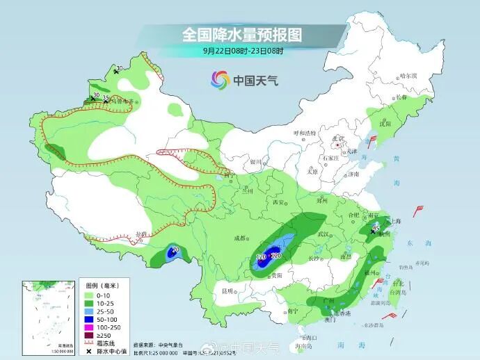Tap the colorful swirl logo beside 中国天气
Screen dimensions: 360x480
point(221,80)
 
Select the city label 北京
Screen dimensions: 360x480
point(339,138)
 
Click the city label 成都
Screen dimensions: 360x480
point(240,238)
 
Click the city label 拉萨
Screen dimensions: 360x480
point(142,234)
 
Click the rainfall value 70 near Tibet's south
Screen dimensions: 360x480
point(175,249)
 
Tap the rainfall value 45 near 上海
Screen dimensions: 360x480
point(376,227)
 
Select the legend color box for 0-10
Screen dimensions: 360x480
point(89,294)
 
